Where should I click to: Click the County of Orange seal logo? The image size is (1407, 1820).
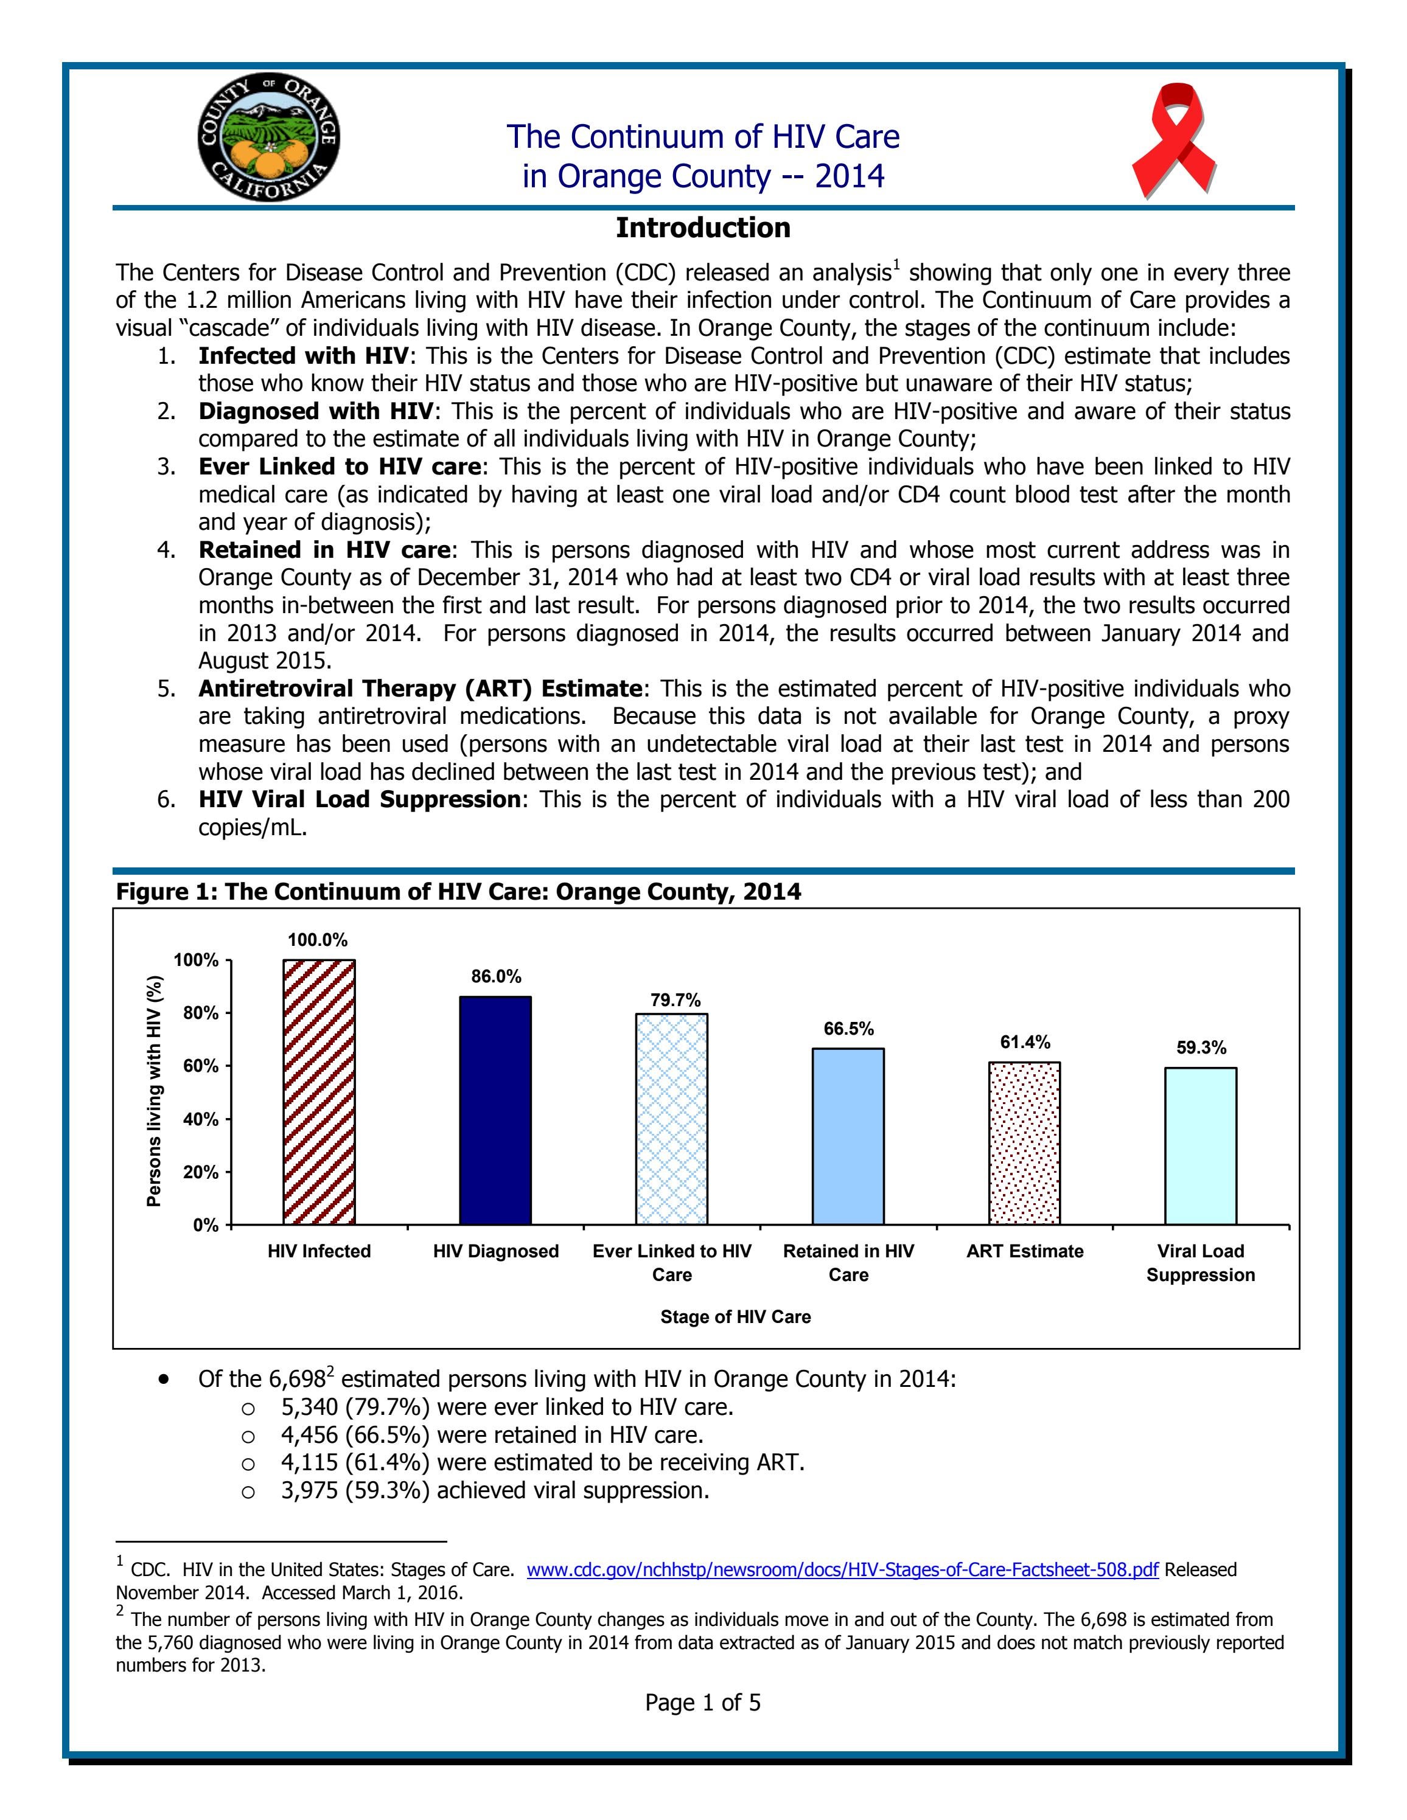coord(268,137)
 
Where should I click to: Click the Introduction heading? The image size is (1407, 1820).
coord(703,227)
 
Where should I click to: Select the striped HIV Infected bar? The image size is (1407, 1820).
coord(319,1092)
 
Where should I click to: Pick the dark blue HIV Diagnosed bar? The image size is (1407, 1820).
coord(495,1110)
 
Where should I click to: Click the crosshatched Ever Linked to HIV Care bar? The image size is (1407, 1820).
coord(672,1118)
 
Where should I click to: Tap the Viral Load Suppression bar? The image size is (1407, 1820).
coord(1200,1146)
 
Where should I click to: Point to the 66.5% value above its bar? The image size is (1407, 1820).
coord(848,1029)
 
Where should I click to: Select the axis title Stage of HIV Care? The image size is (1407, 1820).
coord(735,1317)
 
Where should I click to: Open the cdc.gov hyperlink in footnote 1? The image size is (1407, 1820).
coord(842,1570)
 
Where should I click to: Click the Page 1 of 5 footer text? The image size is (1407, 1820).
coord(703,1703)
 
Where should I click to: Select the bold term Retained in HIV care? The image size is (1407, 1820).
coord(325,550)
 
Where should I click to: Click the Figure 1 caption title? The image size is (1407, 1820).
coord(458,892)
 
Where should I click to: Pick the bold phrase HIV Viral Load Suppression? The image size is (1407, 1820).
coord(359,799)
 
